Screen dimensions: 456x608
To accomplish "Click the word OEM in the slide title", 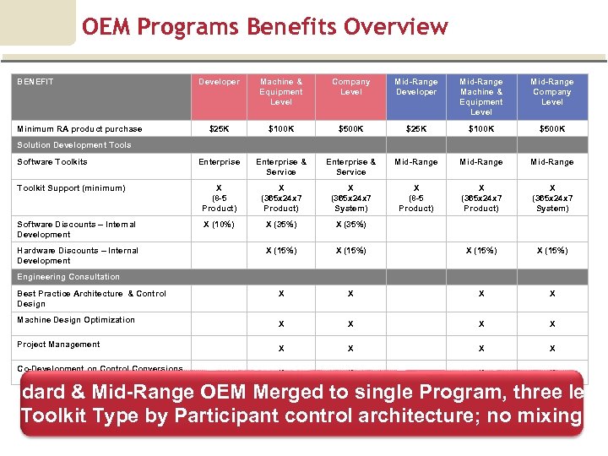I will (106, 27).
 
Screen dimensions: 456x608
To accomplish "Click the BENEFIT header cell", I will (35, 82).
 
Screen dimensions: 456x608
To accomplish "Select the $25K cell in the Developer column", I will (219, 129).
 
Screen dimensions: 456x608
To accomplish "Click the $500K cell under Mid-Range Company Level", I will (552, 129).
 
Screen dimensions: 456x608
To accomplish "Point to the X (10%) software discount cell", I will (219, 225).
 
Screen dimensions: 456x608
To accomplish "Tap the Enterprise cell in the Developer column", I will (219, 162).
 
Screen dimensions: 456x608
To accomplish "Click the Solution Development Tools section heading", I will (74, 145).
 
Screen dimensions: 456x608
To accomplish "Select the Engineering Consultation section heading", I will (68, 277).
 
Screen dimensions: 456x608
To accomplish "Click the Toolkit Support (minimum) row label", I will (71, 188).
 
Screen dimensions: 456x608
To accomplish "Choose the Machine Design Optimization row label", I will (76, 320).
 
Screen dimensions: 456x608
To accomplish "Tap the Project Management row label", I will (58, 345).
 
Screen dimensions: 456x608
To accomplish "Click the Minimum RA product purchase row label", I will (79, 129).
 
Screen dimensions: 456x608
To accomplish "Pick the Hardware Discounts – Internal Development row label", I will (78, 255).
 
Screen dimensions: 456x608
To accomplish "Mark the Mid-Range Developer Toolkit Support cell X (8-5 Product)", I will (416, 198).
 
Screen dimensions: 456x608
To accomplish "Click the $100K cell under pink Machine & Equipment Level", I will (281, 129).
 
